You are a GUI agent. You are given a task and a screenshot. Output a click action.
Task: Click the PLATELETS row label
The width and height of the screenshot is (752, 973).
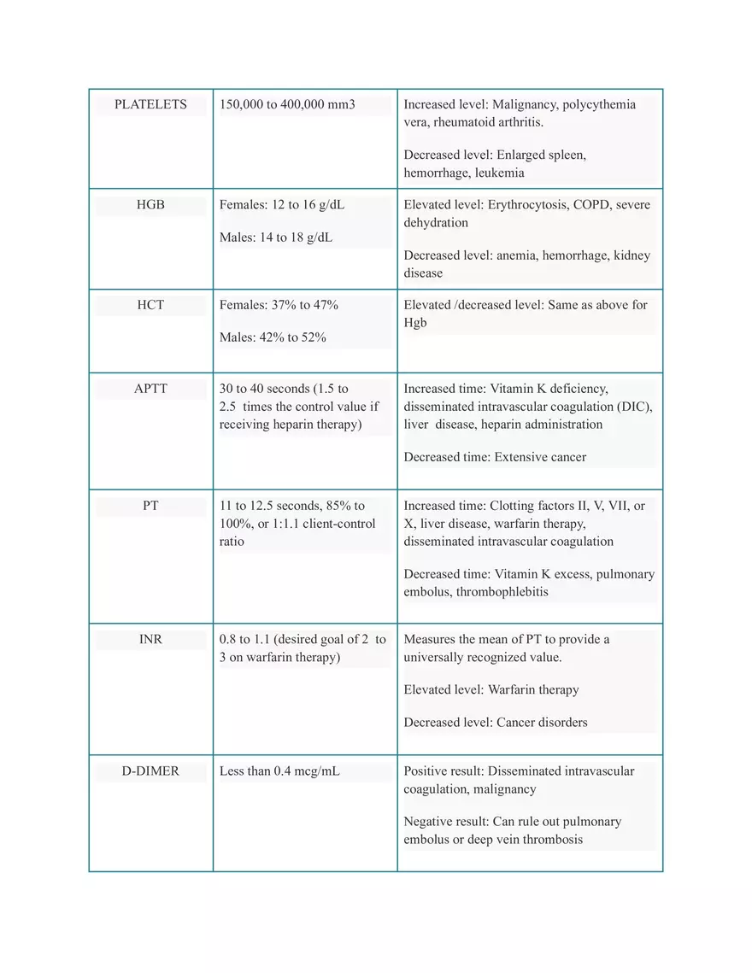click(x=150, y=104)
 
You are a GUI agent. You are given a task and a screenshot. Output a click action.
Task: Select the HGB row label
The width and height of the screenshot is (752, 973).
click(x=150, y=205)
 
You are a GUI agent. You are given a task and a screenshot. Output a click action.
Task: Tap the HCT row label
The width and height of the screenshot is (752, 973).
click(x=150, y=304)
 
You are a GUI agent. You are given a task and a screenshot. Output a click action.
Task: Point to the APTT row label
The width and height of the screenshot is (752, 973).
click(x=150, y=389)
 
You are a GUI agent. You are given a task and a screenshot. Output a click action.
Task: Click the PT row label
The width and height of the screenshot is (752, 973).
click(x=150, y=506)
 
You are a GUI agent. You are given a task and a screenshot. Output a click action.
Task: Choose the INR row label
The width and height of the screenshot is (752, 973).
click(x=150, y=639)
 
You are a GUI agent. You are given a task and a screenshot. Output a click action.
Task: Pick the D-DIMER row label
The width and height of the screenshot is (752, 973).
click(x=150, y=771)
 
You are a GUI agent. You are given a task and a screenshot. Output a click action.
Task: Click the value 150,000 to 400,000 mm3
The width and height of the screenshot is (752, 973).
click(x=287, y=104)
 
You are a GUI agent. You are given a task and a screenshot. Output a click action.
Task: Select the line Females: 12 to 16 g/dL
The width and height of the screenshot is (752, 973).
click(x=282, y=205)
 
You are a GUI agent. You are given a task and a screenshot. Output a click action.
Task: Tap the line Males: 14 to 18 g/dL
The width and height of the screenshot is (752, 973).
click(x=276, y=237)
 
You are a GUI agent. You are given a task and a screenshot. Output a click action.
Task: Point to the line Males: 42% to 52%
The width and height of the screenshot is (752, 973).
click(x=273, y=337)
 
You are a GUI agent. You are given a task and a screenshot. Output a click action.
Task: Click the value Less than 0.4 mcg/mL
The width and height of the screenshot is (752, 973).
click(x=279, y=771)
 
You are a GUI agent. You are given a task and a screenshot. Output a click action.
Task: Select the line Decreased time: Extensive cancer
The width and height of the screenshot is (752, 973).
click(x=495, y=457)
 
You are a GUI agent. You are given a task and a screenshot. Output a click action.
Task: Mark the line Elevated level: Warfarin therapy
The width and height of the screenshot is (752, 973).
click(x=491, y=689)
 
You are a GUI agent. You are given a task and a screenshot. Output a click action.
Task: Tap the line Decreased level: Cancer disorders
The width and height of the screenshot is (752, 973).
click(x=496, y=722)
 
